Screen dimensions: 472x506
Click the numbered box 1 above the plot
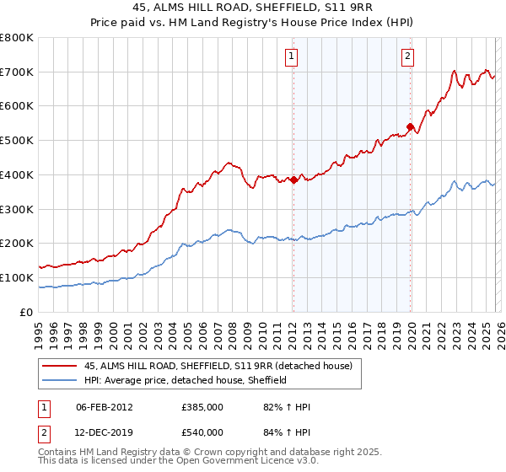[291, 57]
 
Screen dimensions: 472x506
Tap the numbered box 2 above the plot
[407, 57]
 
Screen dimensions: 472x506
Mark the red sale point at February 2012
[293, 180]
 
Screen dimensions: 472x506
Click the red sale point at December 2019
[410, 126]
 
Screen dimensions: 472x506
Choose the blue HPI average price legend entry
[186, 380]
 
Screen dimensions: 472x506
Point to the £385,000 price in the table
[202, 407]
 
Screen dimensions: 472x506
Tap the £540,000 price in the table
[202, 432]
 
